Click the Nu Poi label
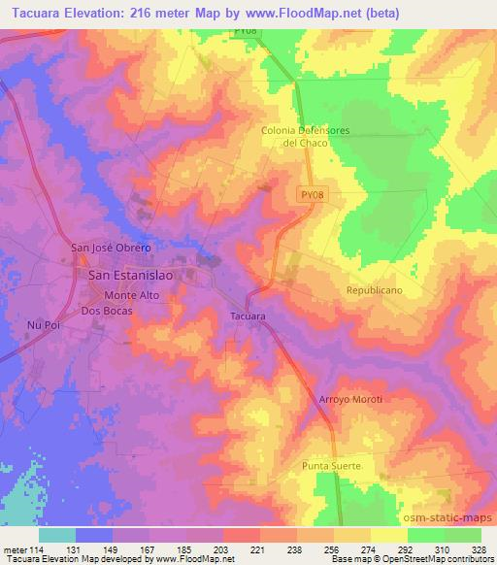coord(43,324)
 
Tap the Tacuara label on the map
coord(248,316)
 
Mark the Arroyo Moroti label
coord(351,400)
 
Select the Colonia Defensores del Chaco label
coord(304,136)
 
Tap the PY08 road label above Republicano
coord(310,195)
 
